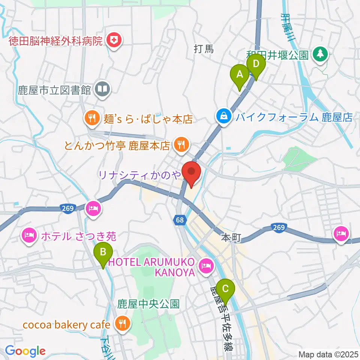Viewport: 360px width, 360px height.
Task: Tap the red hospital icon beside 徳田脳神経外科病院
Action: point(113,40)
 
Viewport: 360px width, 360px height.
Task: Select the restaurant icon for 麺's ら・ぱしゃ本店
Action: point(91,119)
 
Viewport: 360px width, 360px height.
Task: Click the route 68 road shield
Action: point(180,220)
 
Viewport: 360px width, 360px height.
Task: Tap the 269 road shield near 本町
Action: point(279,227)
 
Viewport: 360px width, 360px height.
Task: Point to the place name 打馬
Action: point(204,49)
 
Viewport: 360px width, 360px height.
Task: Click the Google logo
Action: point(25,351)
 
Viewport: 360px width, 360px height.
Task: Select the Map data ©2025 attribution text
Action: point(328,354)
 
